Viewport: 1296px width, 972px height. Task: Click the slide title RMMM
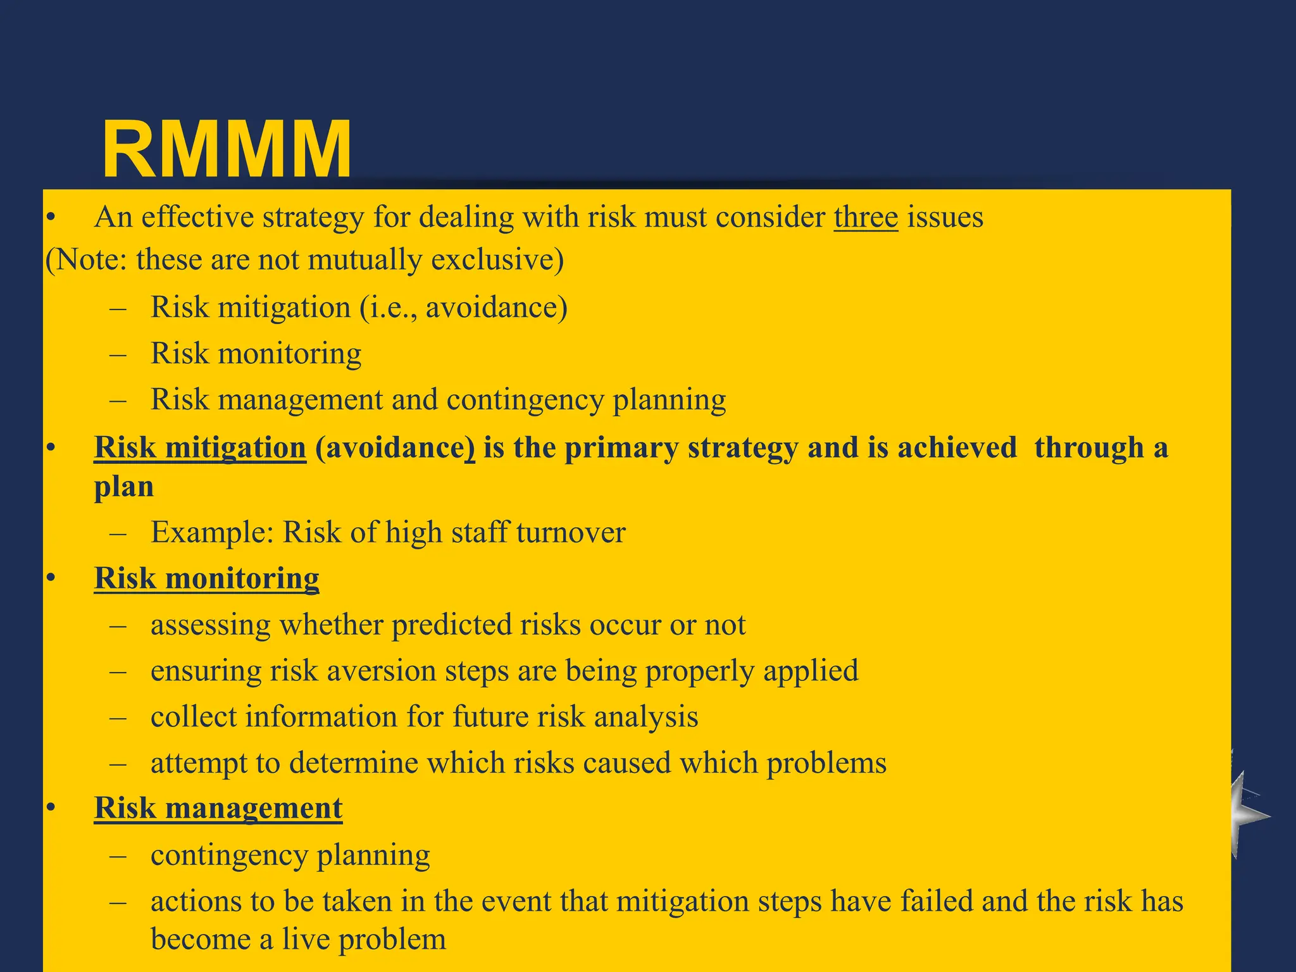point(227,151)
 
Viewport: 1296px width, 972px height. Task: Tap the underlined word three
point(866,218)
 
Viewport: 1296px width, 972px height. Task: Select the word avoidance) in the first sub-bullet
point(496,308)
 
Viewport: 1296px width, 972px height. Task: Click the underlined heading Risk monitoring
point(206,578)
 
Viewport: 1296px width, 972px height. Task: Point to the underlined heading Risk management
point(218,808)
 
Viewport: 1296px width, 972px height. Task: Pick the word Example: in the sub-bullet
point(212,532)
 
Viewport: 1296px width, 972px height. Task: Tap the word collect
point(194,717)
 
